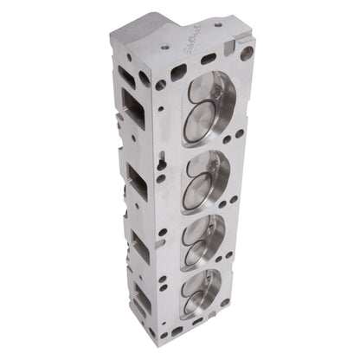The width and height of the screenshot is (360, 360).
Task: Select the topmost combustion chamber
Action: [212, 103]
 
